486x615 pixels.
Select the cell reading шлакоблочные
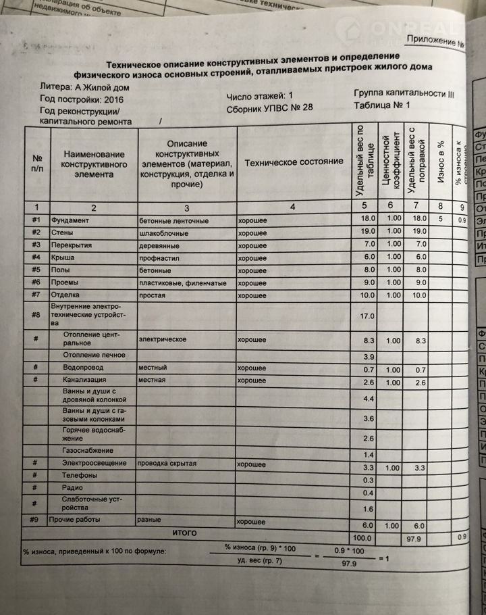(x=163, y=233)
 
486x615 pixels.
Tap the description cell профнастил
(x=159, y=258)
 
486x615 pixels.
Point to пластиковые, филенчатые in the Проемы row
(x=182, y=283)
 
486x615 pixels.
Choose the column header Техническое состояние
(x=293, y=162)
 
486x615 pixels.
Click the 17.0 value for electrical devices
(x=368, y=316)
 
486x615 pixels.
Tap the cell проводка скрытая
(x=167, y=464)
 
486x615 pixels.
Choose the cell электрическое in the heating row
(x=162, y=338)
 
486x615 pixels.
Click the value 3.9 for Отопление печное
(x=368, y=356)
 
